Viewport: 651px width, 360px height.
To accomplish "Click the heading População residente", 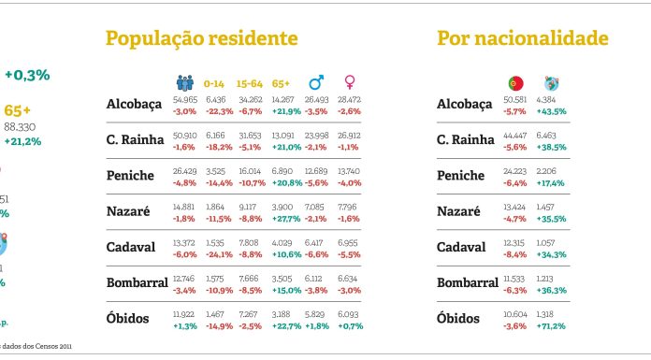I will [201, 38].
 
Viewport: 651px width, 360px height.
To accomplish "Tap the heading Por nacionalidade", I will [522, 38].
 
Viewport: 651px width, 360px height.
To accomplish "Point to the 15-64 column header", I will [249, 82].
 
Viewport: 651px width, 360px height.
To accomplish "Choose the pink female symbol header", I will [350, 82].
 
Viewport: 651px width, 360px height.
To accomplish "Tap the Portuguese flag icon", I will [514, 82].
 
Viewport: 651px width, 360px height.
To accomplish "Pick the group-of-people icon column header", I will [184, 82].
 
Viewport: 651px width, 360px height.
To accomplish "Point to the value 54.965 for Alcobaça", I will [185, 98].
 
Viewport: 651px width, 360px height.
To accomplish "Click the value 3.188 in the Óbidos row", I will [281, 314].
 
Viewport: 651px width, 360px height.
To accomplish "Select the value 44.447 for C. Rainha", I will [514, 135].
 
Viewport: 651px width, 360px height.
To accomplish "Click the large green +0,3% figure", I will [26, 74].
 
